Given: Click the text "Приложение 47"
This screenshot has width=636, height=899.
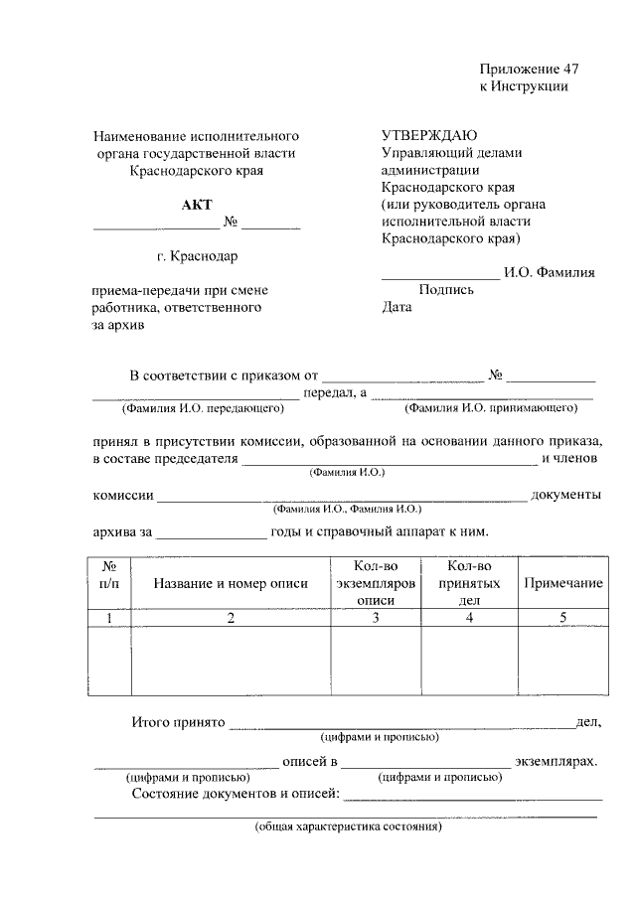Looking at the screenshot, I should point(528,69).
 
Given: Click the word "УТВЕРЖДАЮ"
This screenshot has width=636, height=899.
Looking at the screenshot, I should point(429,135).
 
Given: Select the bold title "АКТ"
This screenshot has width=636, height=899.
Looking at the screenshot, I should point(196,205).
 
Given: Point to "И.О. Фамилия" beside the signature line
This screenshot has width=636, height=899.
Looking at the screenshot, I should point(550,273).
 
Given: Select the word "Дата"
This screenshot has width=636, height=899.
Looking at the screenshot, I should point(397,307).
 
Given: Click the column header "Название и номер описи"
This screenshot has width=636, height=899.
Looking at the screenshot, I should point(231,583).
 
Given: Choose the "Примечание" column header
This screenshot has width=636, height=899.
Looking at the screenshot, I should point(562,583).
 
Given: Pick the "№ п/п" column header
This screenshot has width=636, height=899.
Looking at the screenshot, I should point(109,575).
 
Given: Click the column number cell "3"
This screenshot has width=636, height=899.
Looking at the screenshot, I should point(376,619).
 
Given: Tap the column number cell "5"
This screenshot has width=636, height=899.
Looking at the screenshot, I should point(562,619).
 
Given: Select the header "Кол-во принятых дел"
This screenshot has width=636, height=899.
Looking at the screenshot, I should point(469,583).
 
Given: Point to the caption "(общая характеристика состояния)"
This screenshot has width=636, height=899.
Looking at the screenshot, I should point(348,826).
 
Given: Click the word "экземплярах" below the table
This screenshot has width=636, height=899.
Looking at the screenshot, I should point(556,762).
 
